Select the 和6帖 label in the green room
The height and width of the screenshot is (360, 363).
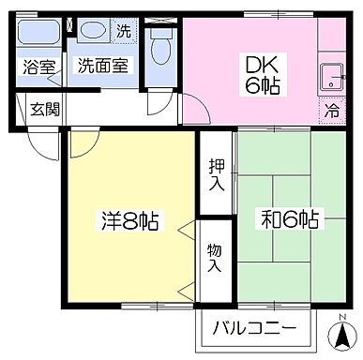289,220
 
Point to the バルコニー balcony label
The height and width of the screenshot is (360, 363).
253,329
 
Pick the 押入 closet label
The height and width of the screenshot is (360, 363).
215,174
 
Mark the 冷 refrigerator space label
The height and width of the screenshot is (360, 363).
332,111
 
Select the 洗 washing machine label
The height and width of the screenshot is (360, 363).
123,30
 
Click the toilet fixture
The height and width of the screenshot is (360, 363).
160,45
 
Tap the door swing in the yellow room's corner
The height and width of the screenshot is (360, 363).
82,143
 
